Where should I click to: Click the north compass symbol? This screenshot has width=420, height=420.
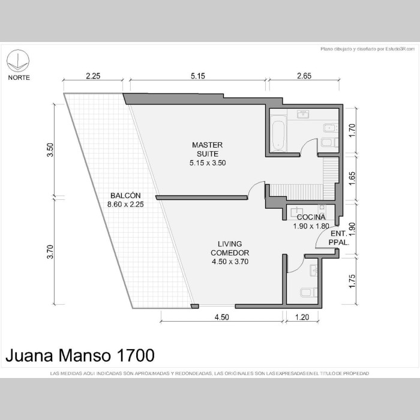18,61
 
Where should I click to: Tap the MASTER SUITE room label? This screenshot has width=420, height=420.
208,149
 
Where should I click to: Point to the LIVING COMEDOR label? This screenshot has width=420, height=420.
230,248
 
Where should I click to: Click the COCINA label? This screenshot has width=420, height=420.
311,217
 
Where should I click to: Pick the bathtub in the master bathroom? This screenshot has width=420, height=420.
278,134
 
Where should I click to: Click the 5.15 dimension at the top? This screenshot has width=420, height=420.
197,76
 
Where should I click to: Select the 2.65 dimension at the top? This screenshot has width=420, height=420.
304,76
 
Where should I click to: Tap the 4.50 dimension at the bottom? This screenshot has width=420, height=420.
222,317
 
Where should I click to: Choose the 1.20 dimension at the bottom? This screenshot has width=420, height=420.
302,317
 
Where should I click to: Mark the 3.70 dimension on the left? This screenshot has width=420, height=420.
50,252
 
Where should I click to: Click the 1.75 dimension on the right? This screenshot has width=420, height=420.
352,281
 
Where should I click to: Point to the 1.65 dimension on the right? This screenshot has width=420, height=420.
352,178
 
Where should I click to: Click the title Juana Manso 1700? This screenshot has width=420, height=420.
80,355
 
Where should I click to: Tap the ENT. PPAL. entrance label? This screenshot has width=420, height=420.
339,238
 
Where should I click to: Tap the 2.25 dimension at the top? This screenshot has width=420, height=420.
93,76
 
